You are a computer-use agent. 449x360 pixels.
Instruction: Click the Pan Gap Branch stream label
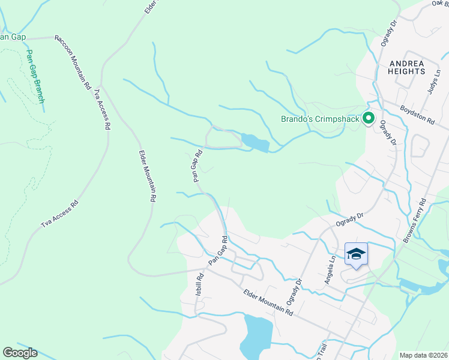[x=34, y=76]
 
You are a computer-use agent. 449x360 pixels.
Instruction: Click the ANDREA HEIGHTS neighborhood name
[x=406, y=67]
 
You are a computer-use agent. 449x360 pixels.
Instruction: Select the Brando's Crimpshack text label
[x=320, y=119]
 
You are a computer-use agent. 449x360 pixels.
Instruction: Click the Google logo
[x=20, y=352]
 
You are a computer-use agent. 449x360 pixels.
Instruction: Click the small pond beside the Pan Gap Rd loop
[x=255, y=143]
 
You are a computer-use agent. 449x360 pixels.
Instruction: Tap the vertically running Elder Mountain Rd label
[x=148, y=175]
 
